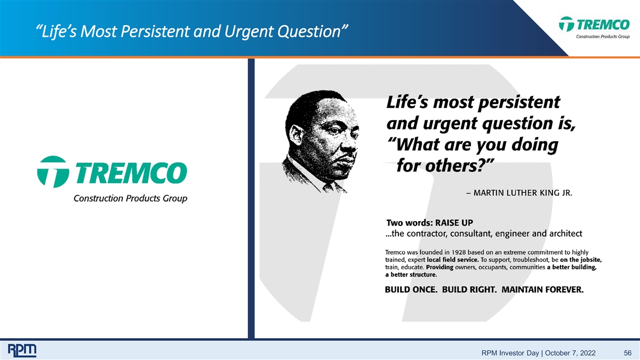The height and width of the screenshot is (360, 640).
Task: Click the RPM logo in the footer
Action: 22,350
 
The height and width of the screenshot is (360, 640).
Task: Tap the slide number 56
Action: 627,353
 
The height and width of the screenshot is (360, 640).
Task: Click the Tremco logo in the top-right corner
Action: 594,27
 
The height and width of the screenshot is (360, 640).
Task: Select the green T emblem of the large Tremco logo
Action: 53,172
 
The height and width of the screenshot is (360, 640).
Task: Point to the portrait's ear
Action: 295,135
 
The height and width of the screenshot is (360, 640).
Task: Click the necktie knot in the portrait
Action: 327,187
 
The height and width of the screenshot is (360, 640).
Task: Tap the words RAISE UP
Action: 454,222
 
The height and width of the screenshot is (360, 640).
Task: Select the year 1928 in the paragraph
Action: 458,252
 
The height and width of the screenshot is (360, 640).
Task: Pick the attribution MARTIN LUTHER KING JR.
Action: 523,193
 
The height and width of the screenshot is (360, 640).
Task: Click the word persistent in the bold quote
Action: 519,102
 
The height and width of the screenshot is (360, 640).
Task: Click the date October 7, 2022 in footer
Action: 570,353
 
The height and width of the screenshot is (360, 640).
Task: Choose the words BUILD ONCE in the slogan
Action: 411,290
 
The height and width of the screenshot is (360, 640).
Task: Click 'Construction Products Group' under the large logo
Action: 130,198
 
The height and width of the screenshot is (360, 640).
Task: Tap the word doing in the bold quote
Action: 534,145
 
